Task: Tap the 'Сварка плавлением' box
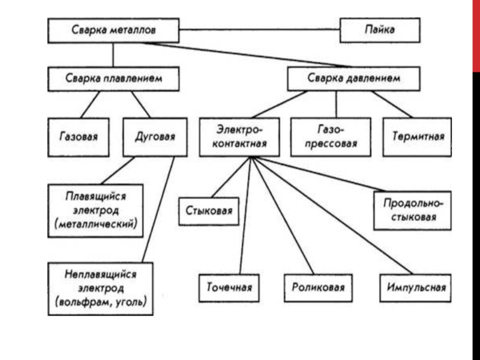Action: point(113,79)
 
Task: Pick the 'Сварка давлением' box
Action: point(354,79)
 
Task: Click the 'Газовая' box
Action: point(79,137)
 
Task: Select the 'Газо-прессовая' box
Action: point(335,137)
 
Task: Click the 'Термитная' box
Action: point(418,137)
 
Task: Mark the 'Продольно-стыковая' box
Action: point(412,210)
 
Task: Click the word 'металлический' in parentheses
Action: point(99,224)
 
